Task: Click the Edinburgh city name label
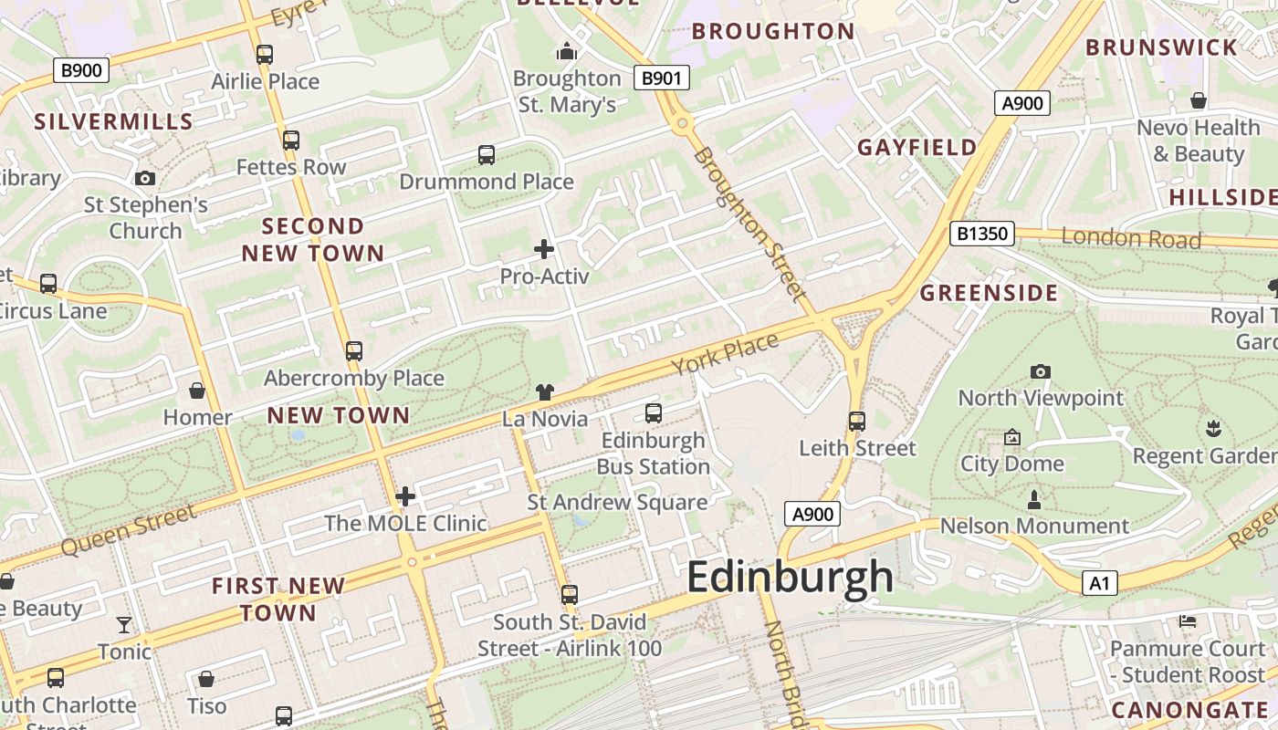(x=790, y=578)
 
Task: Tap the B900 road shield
(x=81, y=70)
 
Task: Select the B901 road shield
(x=662, y=78)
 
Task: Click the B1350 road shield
(x=982, y=234)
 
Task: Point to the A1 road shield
(x=1099, y=583)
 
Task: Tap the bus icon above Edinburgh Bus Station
(x=654, y=412)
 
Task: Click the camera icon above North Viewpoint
(x=1040, y=371)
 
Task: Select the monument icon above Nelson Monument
(x=1034, y=499)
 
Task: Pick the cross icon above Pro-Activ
(x=544, y=248)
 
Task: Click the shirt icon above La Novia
(x=545, y=392)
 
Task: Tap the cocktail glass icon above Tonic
(x=124, y=625)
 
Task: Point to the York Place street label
(x=726, y=354)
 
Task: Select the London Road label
(x=1131, y=238)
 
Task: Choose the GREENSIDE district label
(x=989, y=293)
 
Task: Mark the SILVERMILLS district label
(x=114, y=121)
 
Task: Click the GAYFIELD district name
(x=917, y=147)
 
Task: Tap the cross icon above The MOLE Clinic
(x=405, y=496)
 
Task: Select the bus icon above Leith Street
(x=856, y=421)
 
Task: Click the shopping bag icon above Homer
(x=197, y=391)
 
